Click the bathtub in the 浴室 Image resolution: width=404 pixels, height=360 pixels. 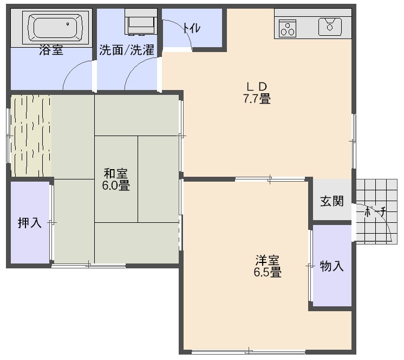coord(55,28)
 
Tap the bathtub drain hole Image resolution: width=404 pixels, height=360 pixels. coord(68,24)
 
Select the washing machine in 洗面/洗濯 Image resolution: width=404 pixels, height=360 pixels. coord(141,22)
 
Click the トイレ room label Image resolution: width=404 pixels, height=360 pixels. coord(192,28)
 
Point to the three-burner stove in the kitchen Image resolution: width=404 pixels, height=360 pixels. coord(287,28)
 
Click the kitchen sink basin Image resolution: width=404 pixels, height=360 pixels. coord(330,27)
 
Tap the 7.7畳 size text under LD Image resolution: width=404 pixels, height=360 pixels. coord(257,99)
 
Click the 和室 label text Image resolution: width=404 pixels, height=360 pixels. coord(116,173)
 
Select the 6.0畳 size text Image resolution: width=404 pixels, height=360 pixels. coord(116,185)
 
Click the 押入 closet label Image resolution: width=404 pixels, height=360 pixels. coord(30,222)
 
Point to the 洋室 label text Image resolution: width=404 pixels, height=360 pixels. coord(268,260)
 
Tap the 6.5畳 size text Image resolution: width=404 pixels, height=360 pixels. coord(268,272)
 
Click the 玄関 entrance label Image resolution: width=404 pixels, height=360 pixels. coord(332,201)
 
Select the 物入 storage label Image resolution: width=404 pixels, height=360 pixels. coord(331,266)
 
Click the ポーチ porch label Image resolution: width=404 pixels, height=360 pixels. coord(376,212)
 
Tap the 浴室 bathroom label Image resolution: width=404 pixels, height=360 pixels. coord(51,50)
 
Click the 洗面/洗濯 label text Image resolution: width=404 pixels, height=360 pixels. coord(127,50)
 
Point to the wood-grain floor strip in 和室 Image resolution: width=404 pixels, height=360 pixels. coord(31,136)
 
